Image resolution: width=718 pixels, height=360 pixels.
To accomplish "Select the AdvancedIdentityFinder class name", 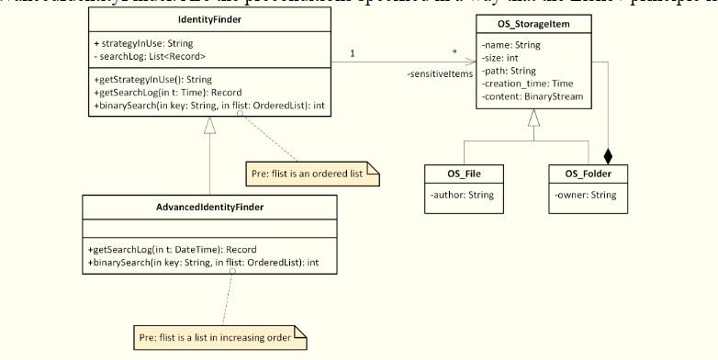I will tap(211, 207).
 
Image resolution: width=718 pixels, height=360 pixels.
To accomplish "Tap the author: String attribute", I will tap(463, 195).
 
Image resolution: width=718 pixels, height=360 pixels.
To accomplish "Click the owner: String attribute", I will tap(585, 195).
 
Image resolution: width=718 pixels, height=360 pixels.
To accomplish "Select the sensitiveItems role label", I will tap(435, 73).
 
